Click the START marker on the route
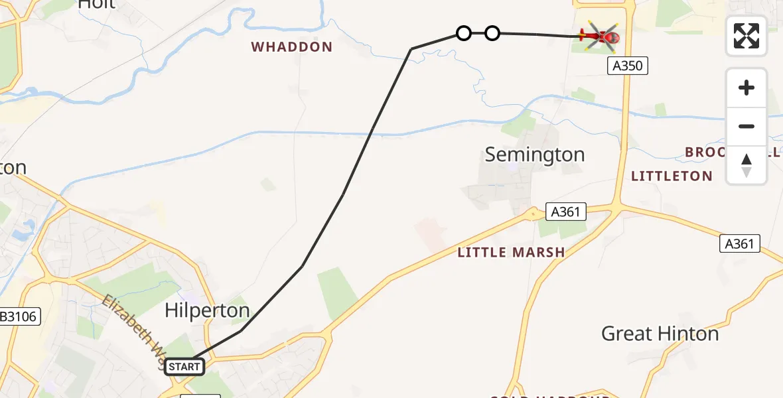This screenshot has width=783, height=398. click(x=184, y=366)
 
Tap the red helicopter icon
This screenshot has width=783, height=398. click(x=601, y=36)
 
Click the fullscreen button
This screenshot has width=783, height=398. click(x=747, y=36)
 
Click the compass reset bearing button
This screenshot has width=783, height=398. click(x=747, y=165)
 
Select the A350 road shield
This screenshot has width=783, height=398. click(x=627, y=66)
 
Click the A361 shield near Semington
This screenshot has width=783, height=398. click(x=566, y=212)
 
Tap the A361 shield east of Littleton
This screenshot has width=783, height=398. click(x=739, y=243)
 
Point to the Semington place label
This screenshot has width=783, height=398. click(x=535, y=155)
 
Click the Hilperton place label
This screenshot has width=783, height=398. click(x=207, y=310)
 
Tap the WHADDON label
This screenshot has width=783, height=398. click(x=291, y=47)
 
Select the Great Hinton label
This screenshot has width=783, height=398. click(x=660, y=334)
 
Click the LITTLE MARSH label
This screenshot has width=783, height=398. click(x=511, y=252)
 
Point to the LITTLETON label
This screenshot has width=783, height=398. click(x=672, y=176)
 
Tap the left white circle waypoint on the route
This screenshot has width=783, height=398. click(x=464, y=33)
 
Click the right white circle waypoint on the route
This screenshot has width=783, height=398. click(x=492, y=33)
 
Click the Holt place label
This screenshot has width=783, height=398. click(x=97, y=4)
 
